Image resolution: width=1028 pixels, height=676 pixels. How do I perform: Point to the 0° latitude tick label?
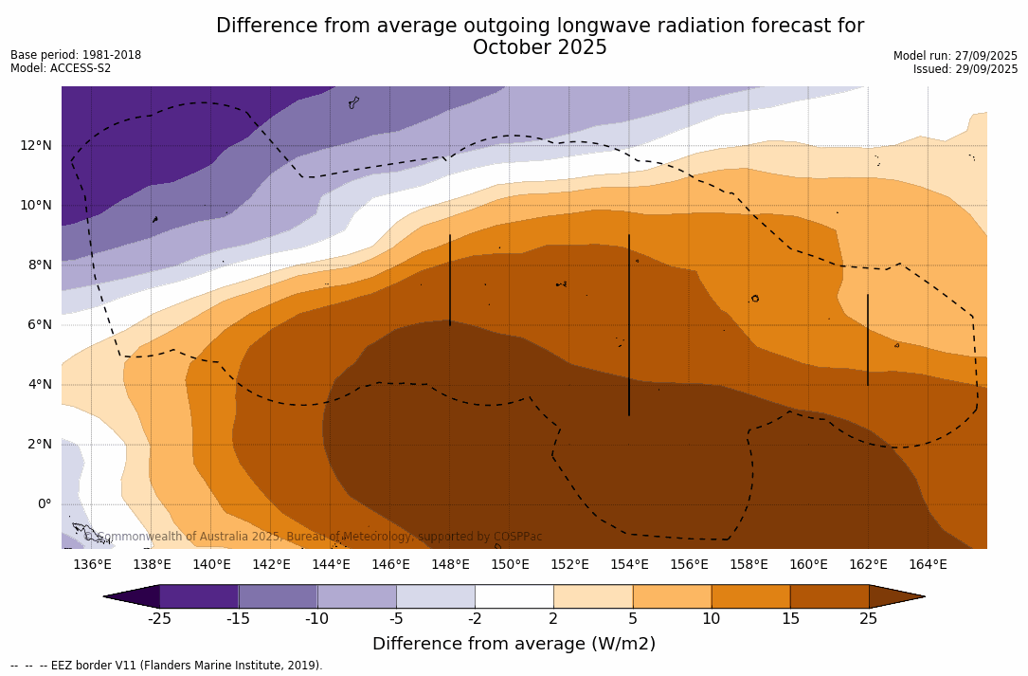click(45, 503)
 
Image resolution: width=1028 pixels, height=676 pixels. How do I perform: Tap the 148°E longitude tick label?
click(450, 564)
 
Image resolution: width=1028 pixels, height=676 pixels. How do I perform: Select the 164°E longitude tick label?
click(928, 564)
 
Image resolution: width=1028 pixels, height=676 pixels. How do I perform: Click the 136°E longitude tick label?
click(92, 564)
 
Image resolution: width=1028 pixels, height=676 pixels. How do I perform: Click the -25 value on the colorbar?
click(159, 619)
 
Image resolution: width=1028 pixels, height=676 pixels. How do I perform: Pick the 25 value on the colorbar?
click(868, 619)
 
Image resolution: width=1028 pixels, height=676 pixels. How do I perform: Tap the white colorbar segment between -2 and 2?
click(514, 596)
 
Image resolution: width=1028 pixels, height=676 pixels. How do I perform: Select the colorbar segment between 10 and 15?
click(749, 596)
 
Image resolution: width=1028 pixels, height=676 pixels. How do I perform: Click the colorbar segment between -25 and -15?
click(199, 596)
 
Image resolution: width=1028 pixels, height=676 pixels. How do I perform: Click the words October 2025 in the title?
click(539, 47)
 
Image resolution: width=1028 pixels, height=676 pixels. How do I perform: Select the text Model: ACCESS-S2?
click(61, 68)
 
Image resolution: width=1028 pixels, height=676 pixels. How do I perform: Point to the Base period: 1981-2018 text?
click(76, 55)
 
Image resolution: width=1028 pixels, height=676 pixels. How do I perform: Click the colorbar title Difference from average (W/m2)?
click(514, 644)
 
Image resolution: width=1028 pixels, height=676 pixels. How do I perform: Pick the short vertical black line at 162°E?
click(868, 339)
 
